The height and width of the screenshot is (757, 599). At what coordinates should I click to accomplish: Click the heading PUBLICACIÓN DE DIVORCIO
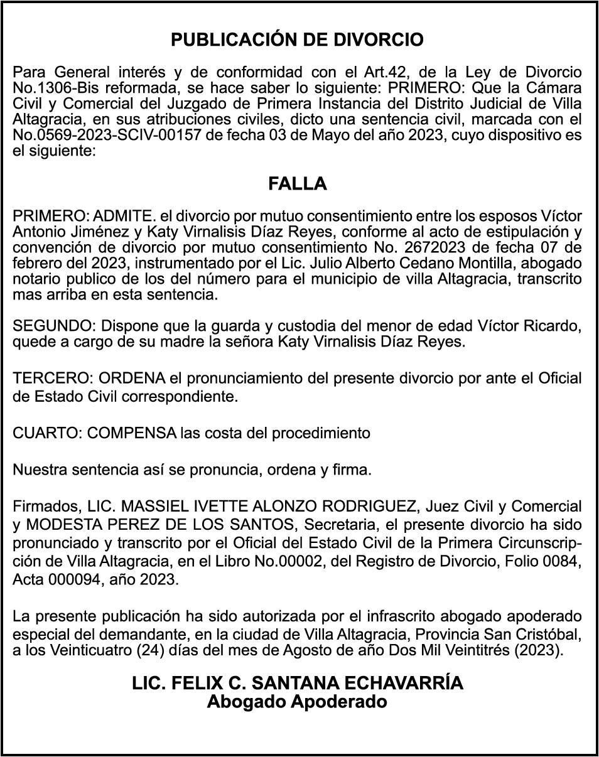click(298, 40)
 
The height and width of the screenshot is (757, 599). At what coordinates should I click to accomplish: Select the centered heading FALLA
click(298, 184)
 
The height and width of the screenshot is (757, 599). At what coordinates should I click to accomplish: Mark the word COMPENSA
click(131, 433)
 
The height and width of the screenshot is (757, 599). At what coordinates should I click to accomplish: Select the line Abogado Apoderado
click(298, 701)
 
